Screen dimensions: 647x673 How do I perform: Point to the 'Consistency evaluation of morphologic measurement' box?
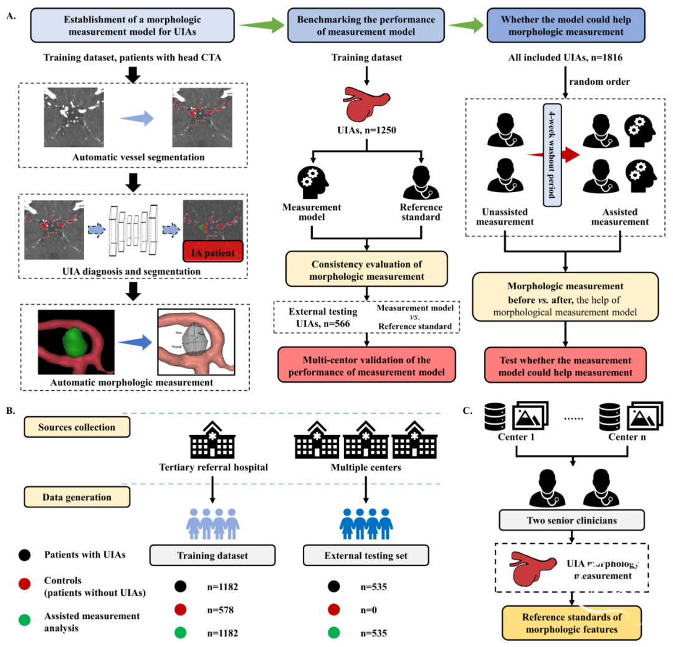pyautogui.click(x=367, y=269)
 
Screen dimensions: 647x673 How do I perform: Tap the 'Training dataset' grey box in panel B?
pyautogui.click(x=212, y=555)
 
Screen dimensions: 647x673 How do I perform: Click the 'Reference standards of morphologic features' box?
pyautogui.click(x=571, y=623)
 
